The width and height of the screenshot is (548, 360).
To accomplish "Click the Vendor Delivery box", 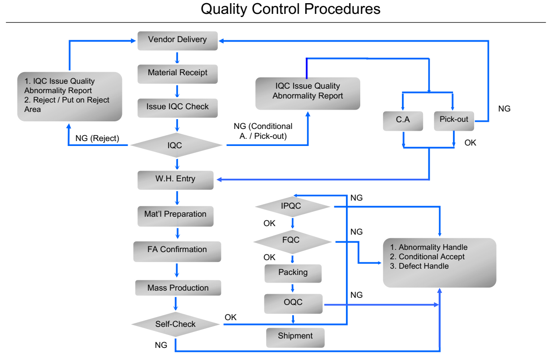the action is click(x=177, y=41).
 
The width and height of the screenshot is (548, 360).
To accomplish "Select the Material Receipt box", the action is click(x=177, y=74).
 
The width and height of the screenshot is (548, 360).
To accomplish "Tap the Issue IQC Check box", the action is click(x=177, y=108).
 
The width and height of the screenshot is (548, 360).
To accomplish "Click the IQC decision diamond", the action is click(x=176, y=145).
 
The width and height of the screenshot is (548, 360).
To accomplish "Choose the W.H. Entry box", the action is click(x=175, y=180).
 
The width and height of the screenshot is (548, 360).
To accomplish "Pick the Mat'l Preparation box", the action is click(x=175, y=216).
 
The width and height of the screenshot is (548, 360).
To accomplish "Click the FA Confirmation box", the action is click(x=177, y=252).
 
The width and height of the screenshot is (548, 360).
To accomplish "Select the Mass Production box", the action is click(x=178, y=287).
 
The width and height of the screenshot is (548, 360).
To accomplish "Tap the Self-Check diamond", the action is click(x=175, y=324).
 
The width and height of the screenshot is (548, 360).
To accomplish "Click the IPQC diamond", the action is click(x=292, y=206).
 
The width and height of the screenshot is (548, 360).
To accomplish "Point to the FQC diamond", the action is click(x=292, y=242).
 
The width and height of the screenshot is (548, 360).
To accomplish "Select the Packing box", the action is click(x=293, y=274).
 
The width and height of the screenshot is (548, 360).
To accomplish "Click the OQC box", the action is click(x=293, y=304).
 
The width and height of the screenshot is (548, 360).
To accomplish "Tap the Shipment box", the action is click(x=295, y=338).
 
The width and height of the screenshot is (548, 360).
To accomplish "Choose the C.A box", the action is click(x=403, y=121).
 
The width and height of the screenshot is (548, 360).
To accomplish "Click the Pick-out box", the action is click(x=454, y=121).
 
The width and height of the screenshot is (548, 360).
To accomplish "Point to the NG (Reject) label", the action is click(x=97, y=138).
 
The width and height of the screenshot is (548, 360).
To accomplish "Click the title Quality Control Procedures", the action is click(x=290, y=9).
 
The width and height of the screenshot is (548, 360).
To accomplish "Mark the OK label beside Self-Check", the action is click(x=230, y=317).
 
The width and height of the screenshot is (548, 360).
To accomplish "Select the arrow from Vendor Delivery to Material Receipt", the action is click(x=177, y=58).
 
